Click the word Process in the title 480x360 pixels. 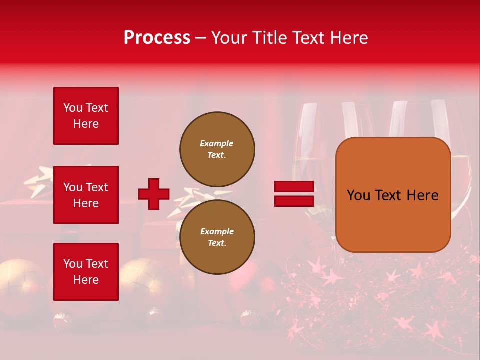coord(157,38)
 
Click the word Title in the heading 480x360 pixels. coord(270,38)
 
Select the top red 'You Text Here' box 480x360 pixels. coord(86,116)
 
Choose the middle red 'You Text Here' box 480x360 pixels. coord(86,195)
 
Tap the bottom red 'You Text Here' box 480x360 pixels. coord(86,272)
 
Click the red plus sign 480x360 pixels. coord(154,194)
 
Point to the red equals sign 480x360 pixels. coord(294,194)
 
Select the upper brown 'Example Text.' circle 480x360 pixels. coord(217,149)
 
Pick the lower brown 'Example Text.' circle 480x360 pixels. coord(217,237)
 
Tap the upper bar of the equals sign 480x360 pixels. coord(294,187)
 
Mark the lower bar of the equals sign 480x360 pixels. coord(294,201)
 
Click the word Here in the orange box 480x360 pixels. coord(422,195)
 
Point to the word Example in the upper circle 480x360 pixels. coord(216,143)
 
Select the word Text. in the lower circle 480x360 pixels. coord(217,243)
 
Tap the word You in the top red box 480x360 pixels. coord(72,108)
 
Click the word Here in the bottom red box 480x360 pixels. coord(86,280)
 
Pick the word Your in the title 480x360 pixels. coord(230,38)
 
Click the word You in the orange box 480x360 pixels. coord(358,195)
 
